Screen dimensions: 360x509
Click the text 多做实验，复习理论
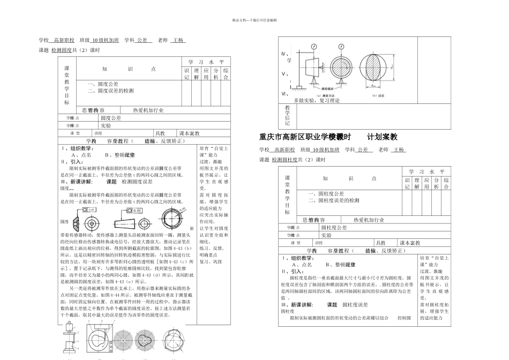click(x=317, y=100)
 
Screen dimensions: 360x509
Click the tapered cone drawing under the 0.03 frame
click(x=127, y=221)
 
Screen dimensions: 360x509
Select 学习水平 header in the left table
click(x=206, y=63)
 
